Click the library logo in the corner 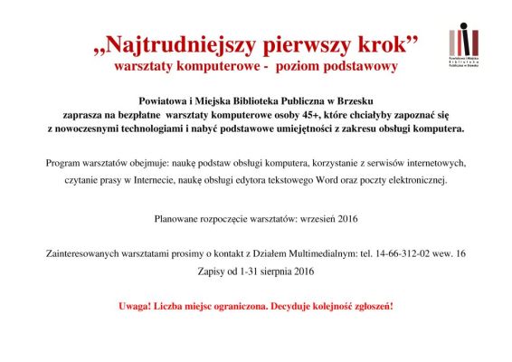pyautogui.click(x=464, y=42)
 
